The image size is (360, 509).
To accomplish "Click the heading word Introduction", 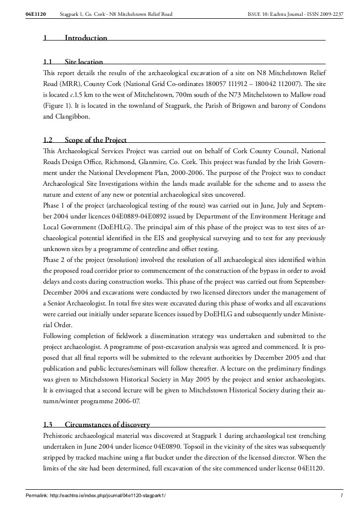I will point(86,38).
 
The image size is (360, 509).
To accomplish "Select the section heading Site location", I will point(84,62).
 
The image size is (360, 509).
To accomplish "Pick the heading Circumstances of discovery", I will point(108,424).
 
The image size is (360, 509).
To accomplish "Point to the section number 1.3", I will point(48,424).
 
